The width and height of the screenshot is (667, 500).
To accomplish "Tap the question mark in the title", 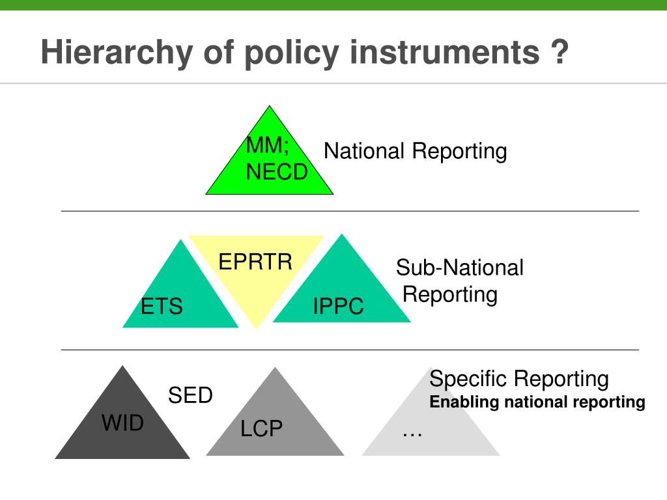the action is (558, 52).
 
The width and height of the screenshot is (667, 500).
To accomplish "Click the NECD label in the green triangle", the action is (277, 173).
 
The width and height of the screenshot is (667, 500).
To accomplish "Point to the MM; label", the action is (268, 146).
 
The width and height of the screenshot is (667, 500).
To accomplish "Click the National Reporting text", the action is (415, 152).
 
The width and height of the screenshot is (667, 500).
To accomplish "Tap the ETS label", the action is (162, 306).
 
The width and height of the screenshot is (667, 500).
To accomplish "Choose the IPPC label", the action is (338, 306).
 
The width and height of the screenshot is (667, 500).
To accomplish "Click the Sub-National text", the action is (460, 268).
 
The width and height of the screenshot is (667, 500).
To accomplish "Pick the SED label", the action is (190, 395).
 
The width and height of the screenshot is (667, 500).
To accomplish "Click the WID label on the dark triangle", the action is (122, 423).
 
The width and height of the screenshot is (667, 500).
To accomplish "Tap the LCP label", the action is (261, 429).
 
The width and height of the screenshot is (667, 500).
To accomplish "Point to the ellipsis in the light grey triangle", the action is (412, 430).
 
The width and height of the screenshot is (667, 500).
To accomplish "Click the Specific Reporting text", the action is (519, 378).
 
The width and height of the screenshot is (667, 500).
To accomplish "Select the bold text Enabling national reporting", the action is (537, 402).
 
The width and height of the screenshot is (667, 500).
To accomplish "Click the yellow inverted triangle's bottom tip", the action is (257, 327).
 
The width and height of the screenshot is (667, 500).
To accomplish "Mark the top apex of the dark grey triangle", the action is (122, 367).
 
